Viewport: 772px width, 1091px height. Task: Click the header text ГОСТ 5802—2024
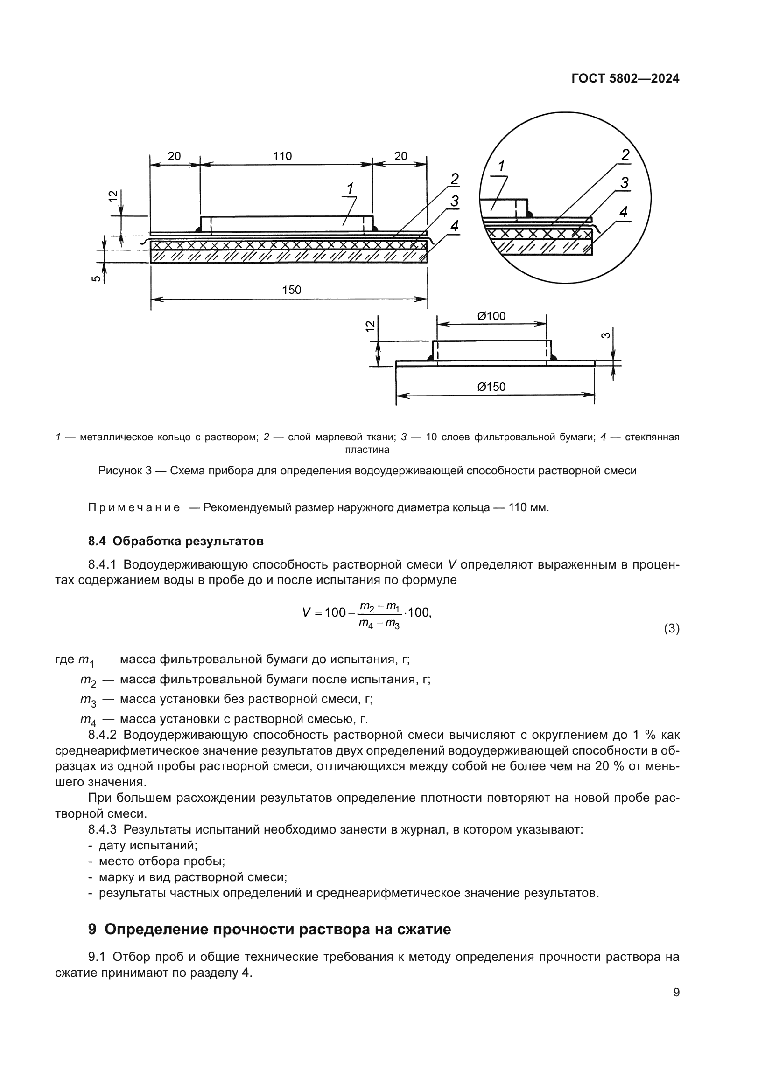625,79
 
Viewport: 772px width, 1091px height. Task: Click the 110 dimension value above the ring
282,156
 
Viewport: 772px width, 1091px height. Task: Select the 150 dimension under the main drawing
291,290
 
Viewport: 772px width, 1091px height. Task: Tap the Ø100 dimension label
491,316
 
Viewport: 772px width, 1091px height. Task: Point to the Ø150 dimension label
491,387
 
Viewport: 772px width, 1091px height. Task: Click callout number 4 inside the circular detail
624,212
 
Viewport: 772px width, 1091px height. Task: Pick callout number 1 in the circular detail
501,166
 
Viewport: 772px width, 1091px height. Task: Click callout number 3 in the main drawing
455,202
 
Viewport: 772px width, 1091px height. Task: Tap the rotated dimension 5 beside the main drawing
97,278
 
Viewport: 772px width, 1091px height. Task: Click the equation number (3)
671,629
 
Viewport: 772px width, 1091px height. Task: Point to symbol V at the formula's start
307,612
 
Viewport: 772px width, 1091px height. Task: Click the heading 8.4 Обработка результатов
176,541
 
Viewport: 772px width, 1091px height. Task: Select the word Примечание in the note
134,507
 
